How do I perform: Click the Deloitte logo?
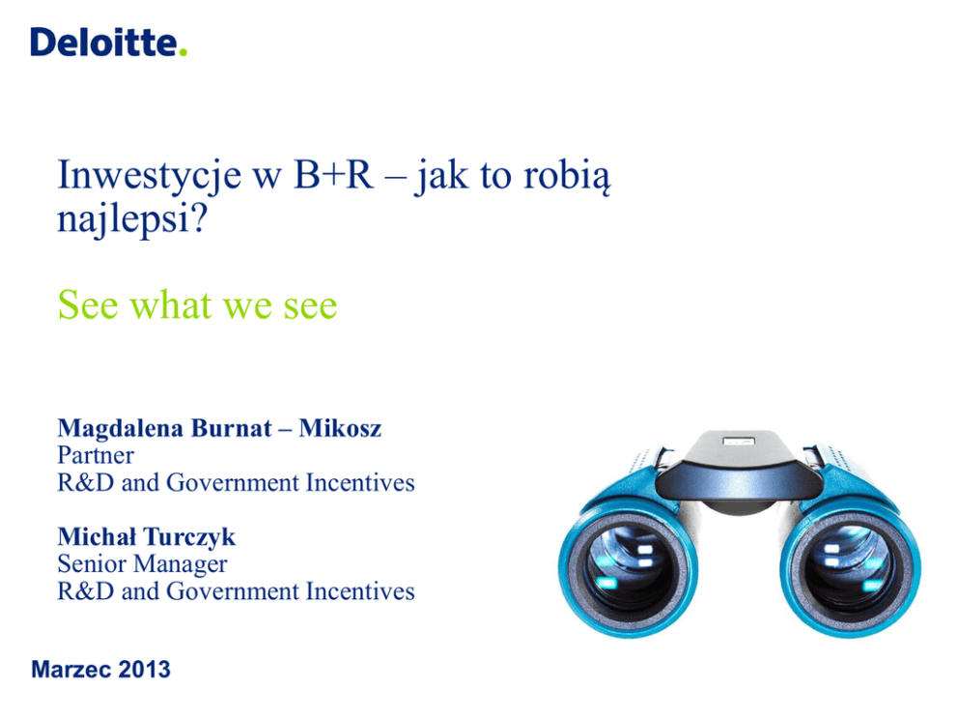109,43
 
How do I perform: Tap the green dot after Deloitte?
183,52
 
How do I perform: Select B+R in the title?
333,175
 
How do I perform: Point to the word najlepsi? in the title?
132,218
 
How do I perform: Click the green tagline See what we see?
197,304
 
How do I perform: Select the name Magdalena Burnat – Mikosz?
219,428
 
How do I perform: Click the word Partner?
96,455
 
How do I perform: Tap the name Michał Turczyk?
146,536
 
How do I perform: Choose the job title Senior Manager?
142,564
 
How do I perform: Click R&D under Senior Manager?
86,591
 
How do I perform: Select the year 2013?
144,670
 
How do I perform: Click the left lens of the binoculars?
628,569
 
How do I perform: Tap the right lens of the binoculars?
850,569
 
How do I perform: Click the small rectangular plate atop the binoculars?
738,440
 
